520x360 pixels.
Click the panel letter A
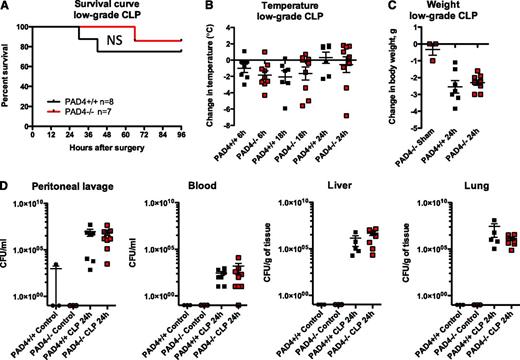[7, 8]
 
